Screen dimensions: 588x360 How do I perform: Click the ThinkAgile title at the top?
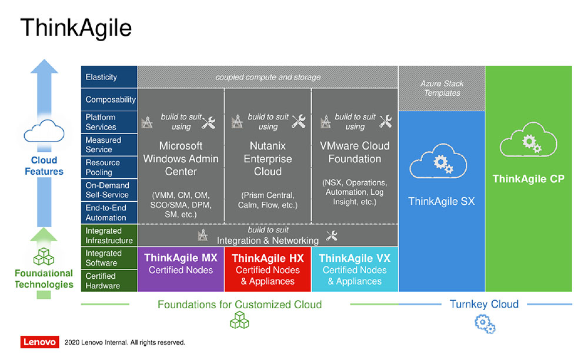76,28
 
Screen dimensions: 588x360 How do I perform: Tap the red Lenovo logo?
40,342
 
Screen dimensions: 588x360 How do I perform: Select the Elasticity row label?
101,77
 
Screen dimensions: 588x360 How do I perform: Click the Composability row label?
111,99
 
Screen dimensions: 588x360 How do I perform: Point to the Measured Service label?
103,145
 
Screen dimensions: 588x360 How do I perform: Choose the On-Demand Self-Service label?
107,190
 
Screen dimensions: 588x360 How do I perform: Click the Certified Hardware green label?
102,281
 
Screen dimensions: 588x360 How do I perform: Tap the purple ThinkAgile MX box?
181,269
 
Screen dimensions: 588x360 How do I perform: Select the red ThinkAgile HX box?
268,269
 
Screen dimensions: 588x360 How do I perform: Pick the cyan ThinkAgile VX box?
355,269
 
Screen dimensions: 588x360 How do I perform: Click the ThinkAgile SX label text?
442,201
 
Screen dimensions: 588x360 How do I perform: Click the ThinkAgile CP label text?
529,179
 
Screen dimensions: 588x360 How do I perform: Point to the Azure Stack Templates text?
442,88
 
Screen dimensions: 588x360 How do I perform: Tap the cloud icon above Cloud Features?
44,131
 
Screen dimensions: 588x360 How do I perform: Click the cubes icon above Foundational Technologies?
44,256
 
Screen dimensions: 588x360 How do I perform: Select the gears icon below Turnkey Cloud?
485,324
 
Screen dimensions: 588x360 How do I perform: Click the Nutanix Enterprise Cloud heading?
268,159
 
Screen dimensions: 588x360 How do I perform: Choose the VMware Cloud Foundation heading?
355,152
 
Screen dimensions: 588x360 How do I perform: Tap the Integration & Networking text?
268,241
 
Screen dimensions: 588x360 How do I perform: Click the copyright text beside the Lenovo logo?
125,342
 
